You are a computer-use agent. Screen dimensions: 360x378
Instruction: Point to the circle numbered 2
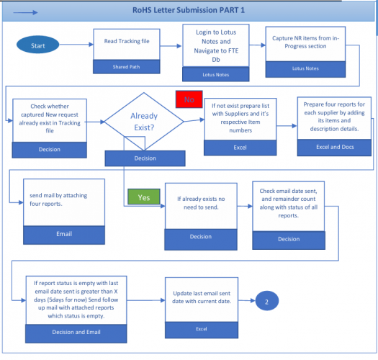[x=266, y=302]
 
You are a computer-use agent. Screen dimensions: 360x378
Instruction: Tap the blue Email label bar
[x=63, y=233]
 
